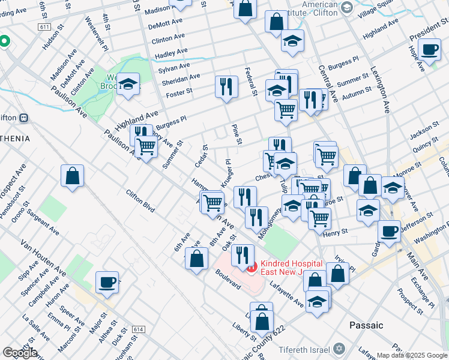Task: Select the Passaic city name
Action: [x=366, y=325]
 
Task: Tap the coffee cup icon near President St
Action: [x=430, y=50]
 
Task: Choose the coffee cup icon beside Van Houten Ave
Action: [x=107, y=282]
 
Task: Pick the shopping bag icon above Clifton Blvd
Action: [x=72, y=176]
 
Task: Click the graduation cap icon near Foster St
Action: [x=128, y=84]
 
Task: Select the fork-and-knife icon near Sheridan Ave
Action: [x=226, y=86]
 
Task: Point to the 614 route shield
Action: [x=139, y=329]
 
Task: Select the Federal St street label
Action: [x=251, y=82]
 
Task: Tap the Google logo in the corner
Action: [x=20, y=353]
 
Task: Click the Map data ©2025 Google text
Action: [x=412, y=355]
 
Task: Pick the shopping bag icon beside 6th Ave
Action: [x=196, y=259]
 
